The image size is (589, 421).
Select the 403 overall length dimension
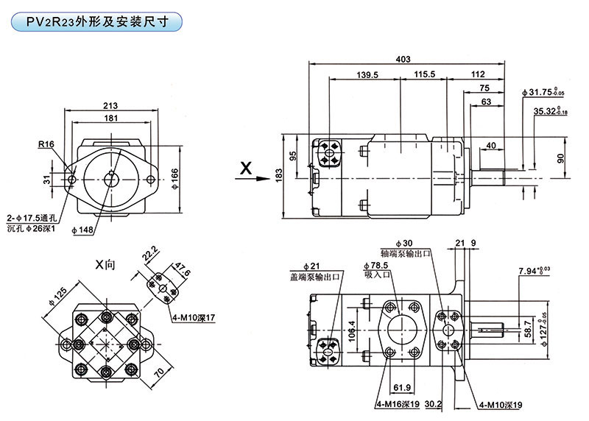click(x=403, y=58)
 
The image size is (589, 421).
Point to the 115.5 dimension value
click(x=425, y=75)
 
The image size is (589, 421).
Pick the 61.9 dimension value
click(x=401, y=386)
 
